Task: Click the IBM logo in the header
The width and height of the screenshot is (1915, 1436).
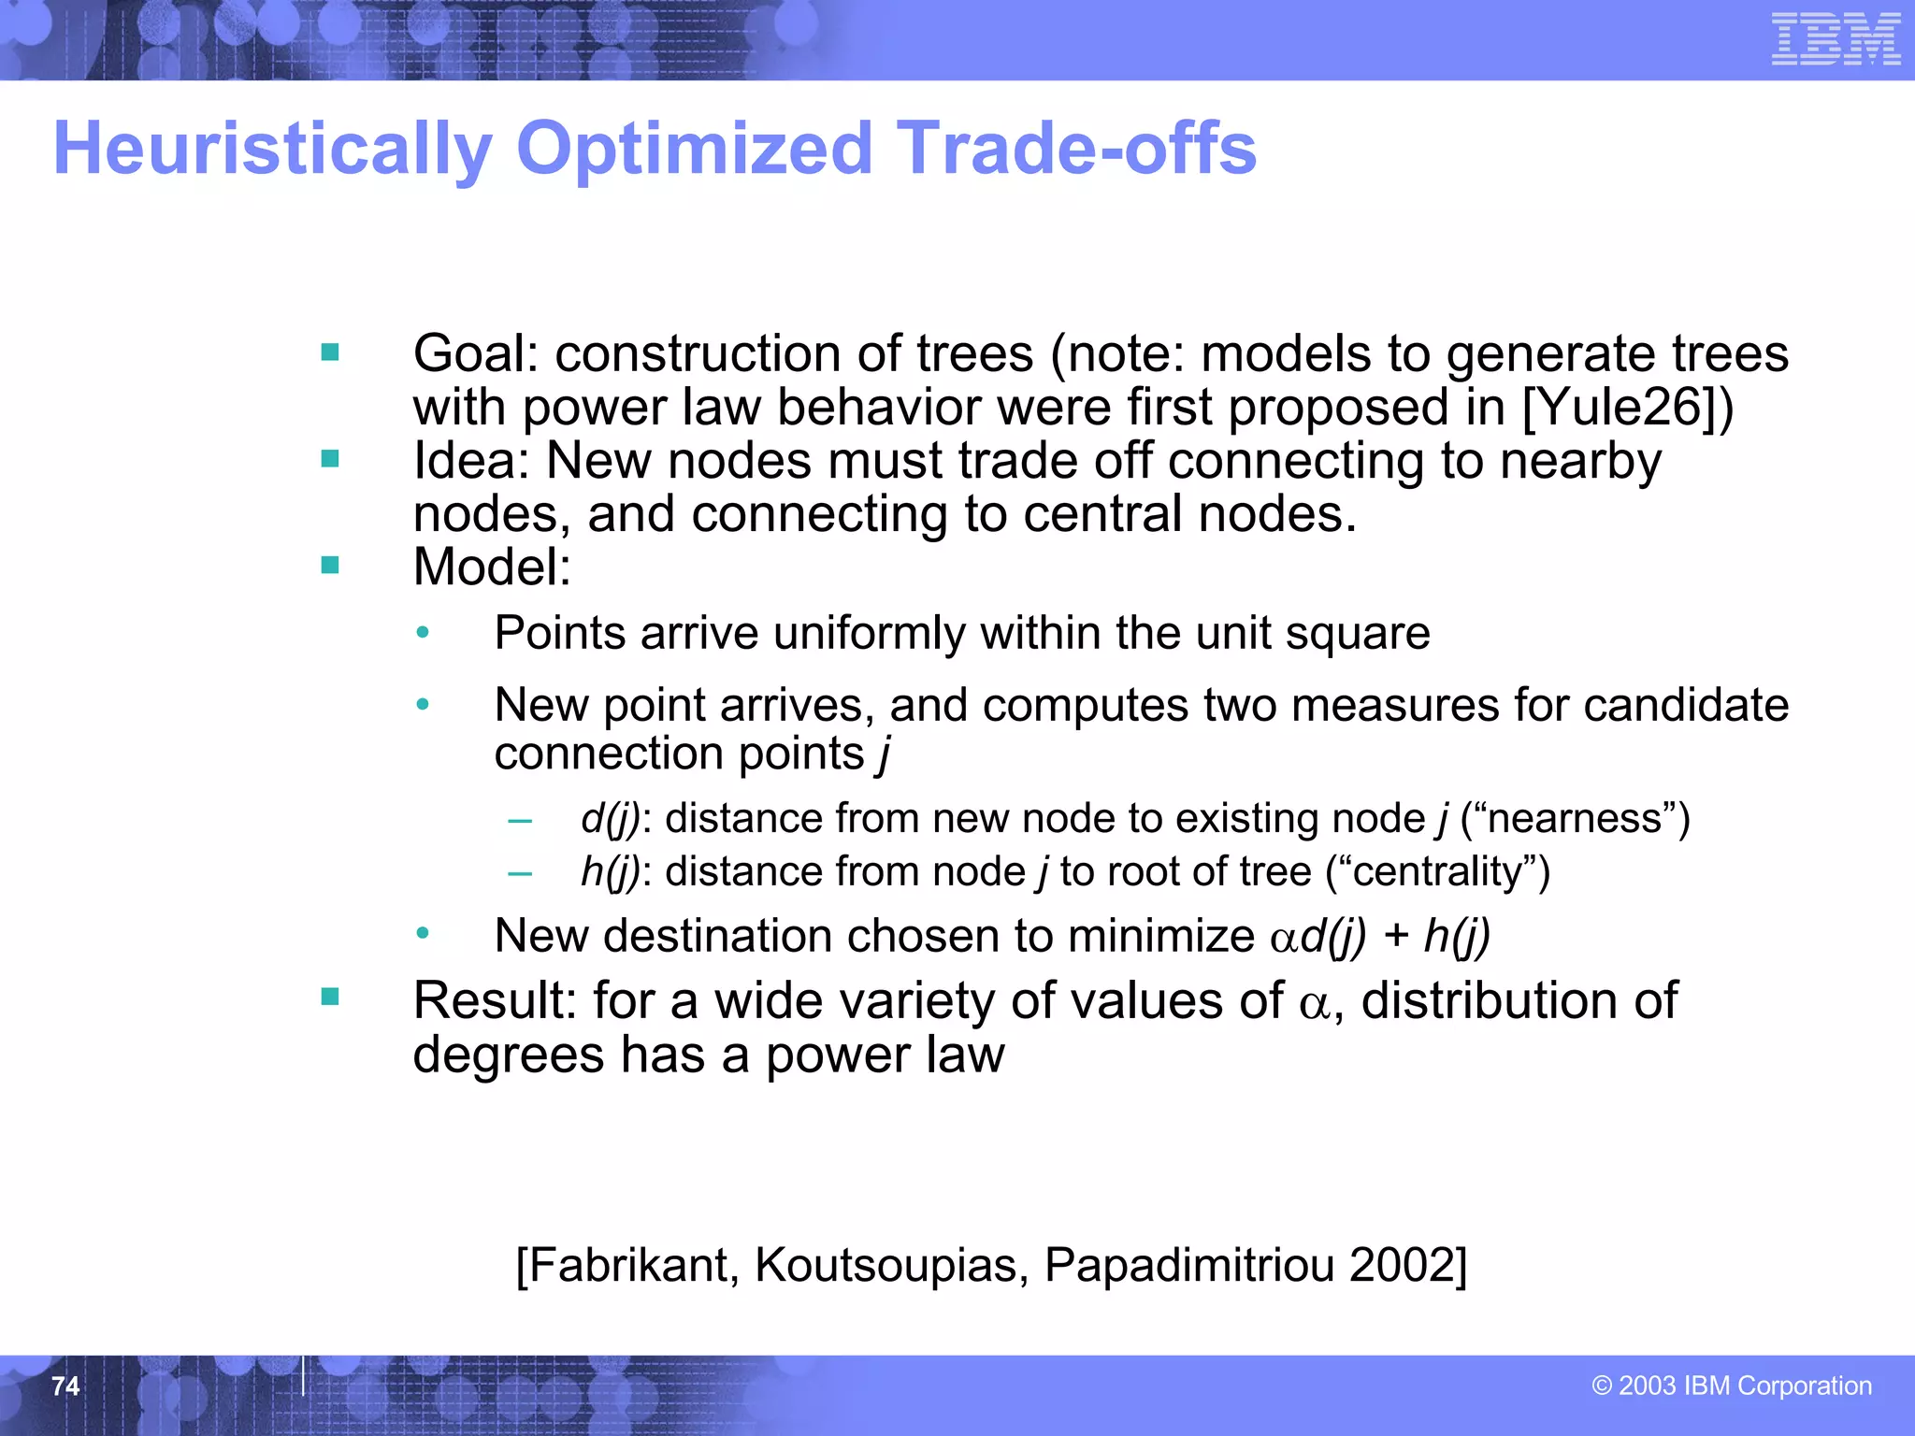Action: click(x=1836, y=39)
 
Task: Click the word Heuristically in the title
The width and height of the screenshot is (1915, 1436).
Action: click(x=272, y=149)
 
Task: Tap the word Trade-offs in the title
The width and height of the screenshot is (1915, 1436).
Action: click(x=1076, y=149)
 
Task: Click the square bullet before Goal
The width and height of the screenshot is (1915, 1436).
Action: click(x=329, y=352)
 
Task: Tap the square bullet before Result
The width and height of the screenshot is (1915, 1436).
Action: click(x=329, y=997)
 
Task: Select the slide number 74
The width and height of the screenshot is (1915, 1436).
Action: click(x=65, y=1386)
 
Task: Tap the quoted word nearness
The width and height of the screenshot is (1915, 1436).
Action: click(x=1575, y=819)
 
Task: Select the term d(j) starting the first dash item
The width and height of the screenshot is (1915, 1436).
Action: click(x=610, y=819)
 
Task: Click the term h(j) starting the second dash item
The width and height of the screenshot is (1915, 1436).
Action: click(x=610, y=872)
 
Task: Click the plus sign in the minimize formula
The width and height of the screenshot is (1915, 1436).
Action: click(x=1395, y=936)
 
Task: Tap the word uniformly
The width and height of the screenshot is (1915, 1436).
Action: click(x=869, y=634)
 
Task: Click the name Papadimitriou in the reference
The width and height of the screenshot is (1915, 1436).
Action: click(x=1188, y=1265)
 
